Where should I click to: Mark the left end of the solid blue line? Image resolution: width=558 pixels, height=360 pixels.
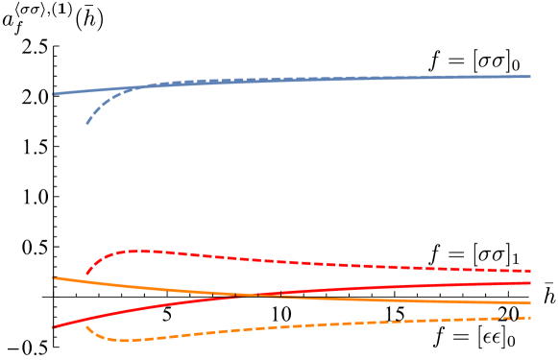[53, 94]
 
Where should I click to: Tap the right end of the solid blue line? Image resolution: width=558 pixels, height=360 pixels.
[530, 76]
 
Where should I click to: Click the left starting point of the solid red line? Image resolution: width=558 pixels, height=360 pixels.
[53, 327]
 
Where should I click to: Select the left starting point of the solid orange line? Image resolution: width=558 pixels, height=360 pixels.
[53, 277]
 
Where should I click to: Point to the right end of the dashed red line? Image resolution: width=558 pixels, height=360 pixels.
[530, 271]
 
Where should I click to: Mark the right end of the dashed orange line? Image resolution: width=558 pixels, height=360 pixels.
[530, 317]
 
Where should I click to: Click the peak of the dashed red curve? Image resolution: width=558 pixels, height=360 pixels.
[134, 251]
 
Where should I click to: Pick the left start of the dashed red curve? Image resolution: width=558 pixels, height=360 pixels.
[86, 276]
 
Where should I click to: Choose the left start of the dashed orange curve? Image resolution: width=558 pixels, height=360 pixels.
[86, 326]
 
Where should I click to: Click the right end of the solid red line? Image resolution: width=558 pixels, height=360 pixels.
[530, 283]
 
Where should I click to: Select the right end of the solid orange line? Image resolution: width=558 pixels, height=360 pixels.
[530, 302]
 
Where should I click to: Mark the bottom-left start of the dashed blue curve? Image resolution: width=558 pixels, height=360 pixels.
[86, 124]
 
